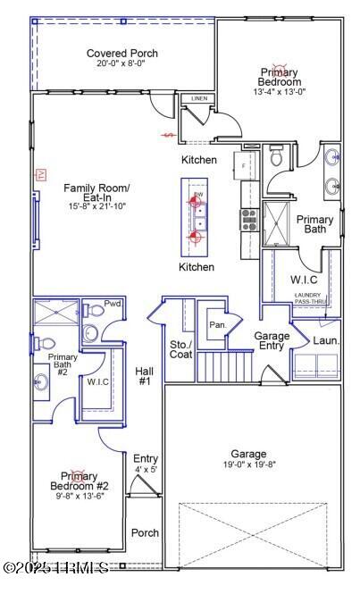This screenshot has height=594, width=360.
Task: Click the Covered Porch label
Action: click(x=122, y=54)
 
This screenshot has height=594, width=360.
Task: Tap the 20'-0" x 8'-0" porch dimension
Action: click(x=122, y=65)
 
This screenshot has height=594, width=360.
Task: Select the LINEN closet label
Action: click(x=198, y=98)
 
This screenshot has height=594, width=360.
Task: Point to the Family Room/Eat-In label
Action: click(x=96, y=194)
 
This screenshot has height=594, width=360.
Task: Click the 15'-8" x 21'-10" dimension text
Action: click(x=96, y=206)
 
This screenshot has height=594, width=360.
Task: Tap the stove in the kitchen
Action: click(x=247, y=216)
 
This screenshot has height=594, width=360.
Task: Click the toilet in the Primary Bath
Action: click(x=277, y=158)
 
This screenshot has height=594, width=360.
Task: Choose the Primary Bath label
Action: click(x=314, y=224)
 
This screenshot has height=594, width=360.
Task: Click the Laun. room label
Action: click(x=324, y=341)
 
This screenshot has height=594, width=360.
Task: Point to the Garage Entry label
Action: click(x=272, y=341)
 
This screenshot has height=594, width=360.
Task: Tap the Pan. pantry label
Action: click(x=217, y=325)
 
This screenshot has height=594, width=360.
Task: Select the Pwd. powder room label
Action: click(x=113, y=305)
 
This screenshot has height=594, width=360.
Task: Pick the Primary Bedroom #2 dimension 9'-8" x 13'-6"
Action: click(x=79, y=497)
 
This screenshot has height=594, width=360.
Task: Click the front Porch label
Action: click(x=145, y=533)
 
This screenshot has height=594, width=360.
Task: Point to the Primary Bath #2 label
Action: click(x=63, y=364)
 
